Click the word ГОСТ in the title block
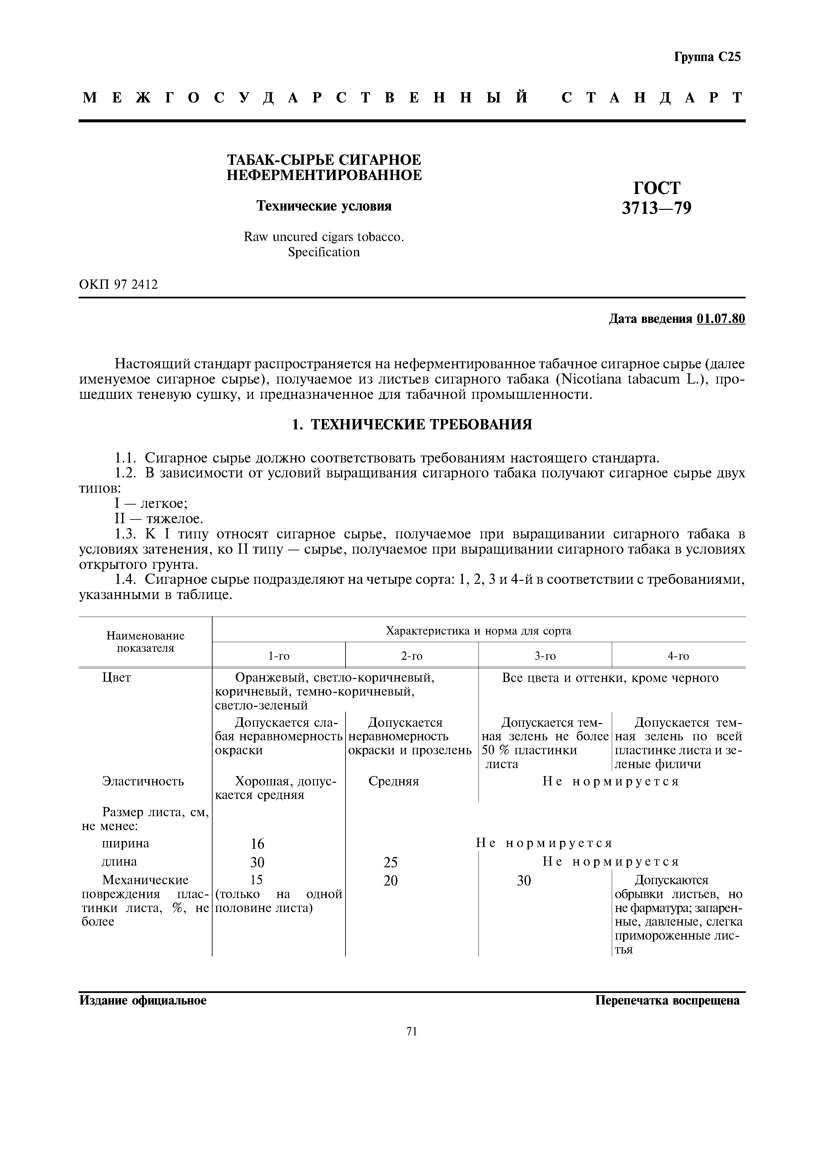657,188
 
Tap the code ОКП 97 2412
118,285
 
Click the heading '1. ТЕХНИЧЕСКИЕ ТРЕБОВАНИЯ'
412,424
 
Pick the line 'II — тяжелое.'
158,519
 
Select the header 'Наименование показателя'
145,642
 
